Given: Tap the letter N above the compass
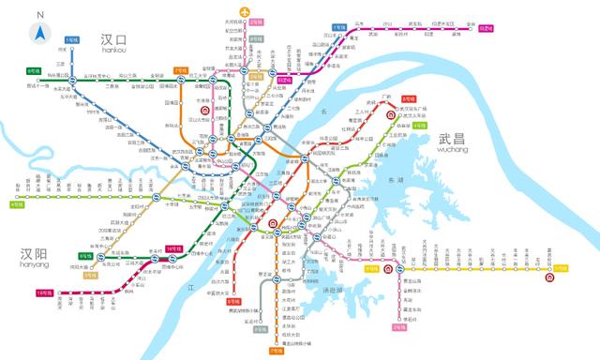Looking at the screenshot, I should (40, 16).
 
